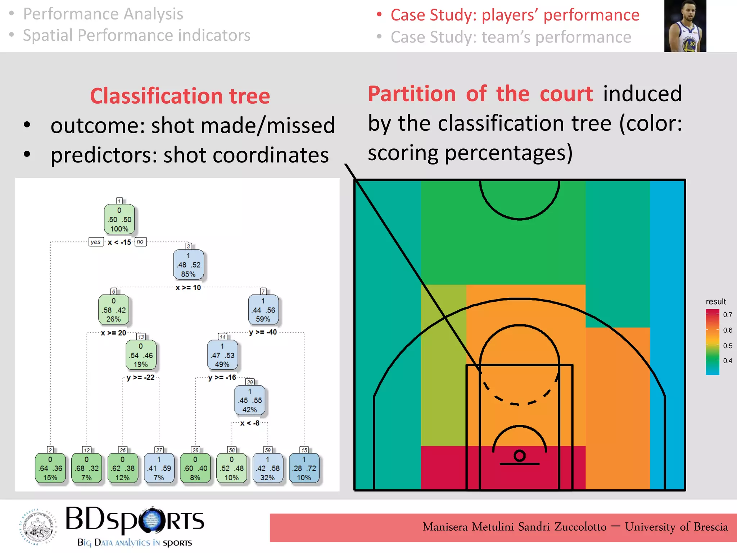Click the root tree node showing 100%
(119, 220)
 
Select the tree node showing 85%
(188, 265)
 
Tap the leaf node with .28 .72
(304, 468)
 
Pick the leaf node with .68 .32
(86, 468)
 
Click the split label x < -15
(119, 242)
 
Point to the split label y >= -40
(263, 332)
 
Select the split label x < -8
(250, 423)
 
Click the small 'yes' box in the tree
(96, 242)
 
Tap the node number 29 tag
(250, 382)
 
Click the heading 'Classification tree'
(180, 96)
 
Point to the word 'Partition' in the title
(412, 94)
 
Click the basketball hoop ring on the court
(519, 455)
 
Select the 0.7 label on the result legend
(727, 315)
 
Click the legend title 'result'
(715, 302)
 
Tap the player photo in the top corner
(685, 26)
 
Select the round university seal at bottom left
(38, 527)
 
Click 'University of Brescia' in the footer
(676, 527)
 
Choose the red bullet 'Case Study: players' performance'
(515, 15)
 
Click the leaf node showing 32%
(267, 468)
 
